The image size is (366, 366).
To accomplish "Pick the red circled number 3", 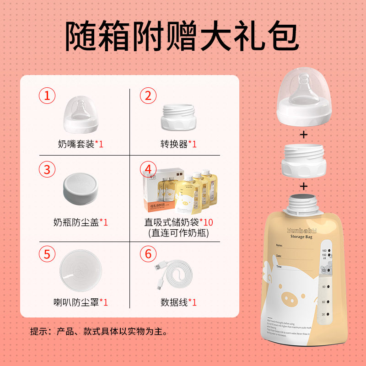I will (47, 169).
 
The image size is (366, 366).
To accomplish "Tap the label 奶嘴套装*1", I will (81, 144).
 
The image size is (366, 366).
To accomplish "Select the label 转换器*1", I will (178, 144).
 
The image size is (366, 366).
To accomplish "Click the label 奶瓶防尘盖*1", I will (81, 223).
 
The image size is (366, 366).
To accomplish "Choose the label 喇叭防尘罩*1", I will (81, 302).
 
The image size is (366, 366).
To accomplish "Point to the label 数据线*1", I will (178, 302).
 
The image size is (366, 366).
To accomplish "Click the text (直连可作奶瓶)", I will (178, 233).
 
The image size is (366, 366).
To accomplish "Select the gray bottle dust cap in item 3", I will (81, 188).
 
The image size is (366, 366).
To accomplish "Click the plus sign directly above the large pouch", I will (303, 187).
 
